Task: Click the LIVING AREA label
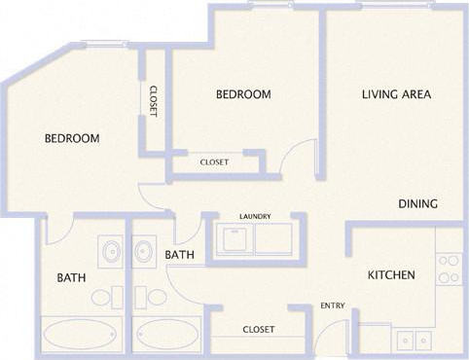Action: click(x=396, y=94)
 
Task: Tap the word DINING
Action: click(x=417, y=204)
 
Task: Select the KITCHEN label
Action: click(x=391, y=275)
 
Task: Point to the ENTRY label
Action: click(x=333, y=306)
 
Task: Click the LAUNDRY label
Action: click(x=255, y=216)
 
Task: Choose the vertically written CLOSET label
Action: click(x=154, y=100)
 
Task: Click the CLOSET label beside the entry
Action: click(x=258, y=330)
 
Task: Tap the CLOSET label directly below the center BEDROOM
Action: click(x=215, y=162)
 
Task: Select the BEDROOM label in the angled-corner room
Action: click(x=72, y=139)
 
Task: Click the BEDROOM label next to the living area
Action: click(x=242, y=94)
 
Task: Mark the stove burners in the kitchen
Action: click(x=449, y=269)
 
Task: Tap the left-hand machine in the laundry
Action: click(x=234, y=239)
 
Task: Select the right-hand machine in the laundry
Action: click(x=273, y=239)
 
